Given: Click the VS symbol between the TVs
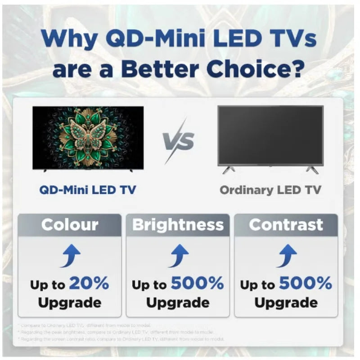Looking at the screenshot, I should (x=179, y=141).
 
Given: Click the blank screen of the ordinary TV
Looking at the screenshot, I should (x=270, y=135).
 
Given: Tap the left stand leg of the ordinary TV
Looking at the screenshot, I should (x=228, y=170).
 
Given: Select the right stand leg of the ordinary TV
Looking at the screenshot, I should (x=312, y=170).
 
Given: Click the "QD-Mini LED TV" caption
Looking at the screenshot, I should (x=88, y=189).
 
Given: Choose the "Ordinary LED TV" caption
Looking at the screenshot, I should (x=270, y=190).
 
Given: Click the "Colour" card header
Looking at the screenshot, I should (x=70, y=225).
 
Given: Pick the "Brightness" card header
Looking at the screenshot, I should (x=178, y=225).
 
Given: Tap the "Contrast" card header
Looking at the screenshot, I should (x=286, y=225).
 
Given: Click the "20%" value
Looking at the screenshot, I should (x=89, y=283).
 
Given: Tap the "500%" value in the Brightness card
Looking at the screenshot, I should (x=197, y=283).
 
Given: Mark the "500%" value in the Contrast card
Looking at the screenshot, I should (x=305, y=283).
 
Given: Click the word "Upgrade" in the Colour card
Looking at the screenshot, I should (x=70, y=302).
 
